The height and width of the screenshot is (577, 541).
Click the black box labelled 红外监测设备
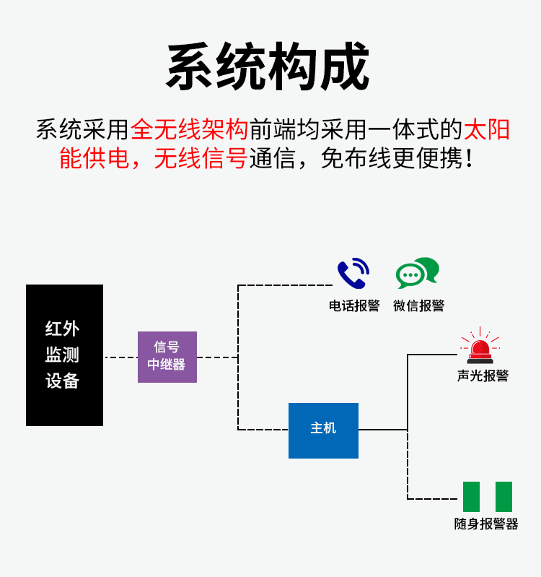pyautogui.click(x=64, y=355)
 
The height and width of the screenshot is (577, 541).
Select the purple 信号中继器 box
pyautogui.click(x=167, y=357)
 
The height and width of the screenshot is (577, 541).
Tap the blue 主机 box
pyautogui.click(x=323, y=430)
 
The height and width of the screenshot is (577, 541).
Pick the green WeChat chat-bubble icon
pyautogui.click(x=417, y=274)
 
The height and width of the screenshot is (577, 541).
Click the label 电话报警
pyautogui.click(x=354, y=305)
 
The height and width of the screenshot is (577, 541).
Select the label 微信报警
pyautogui.click(x=418, y=305)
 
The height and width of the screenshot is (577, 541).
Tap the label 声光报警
pyautogui.click(x=483, y=376)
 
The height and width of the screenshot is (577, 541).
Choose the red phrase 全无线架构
pyautogui.click(x=190, y=130)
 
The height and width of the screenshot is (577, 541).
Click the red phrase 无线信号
pyautogui.click(x=201, y=158)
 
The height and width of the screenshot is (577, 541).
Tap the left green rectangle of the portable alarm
pyautogui.click(x=471, y=497)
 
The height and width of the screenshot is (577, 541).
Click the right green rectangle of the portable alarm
pyautogui.click(x=503, y=497)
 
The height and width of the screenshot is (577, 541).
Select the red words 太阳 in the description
pyautogui.click(x=486, y=130)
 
